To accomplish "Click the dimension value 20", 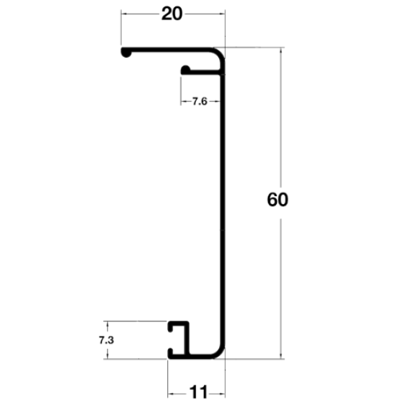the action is tap(172, 14).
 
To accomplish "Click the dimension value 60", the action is tap(277, 199).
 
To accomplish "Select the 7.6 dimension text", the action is tap(200, 102).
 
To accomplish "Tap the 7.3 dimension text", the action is tap(107, 340).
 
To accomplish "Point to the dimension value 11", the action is tap(198, 392).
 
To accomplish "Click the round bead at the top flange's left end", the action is tap(126, 53).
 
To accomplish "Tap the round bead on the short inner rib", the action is tap(185, 70).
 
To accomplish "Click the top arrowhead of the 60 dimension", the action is tap(281, 50).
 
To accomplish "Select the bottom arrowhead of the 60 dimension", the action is tap(281, 355).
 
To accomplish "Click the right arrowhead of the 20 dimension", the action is tap(222, 14).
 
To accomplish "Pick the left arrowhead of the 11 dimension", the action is tap(171, 394).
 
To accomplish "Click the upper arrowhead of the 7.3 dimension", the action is tap(107, 324).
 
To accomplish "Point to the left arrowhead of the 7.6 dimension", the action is tap(184, 102).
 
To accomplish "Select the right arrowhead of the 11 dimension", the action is tap(222, 394).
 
